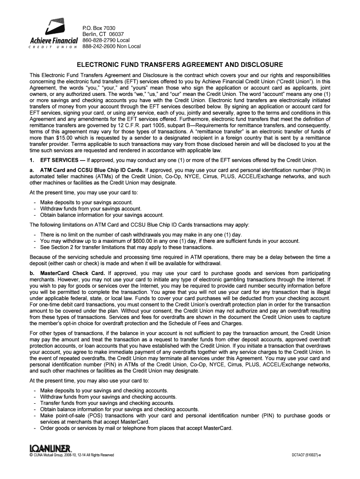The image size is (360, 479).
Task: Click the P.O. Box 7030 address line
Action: click(99, 28)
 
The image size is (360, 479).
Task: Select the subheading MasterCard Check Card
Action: click(72, 273)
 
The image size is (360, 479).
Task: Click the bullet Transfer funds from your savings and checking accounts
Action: click(107, 403)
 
